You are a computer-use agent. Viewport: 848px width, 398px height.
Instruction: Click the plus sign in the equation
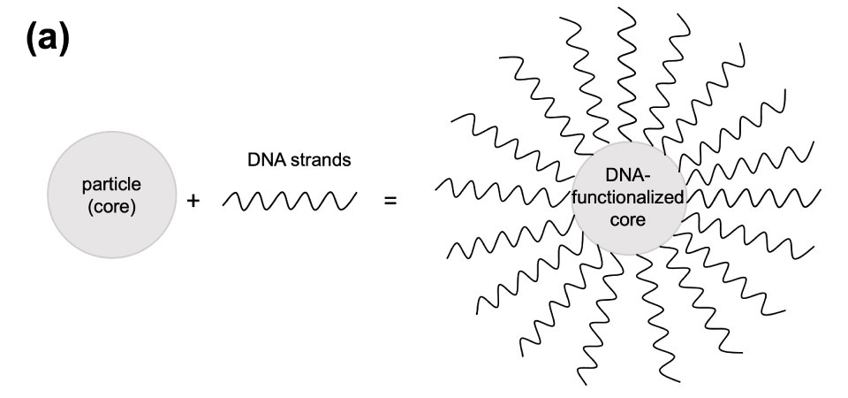[193, 201]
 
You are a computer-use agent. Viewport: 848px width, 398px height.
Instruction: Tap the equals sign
[390, 201]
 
